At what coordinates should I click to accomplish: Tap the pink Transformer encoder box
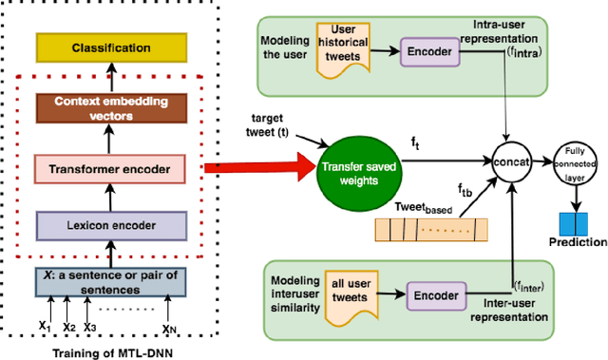(110, 170)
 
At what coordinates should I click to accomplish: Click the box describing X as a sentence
(110, 282)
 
